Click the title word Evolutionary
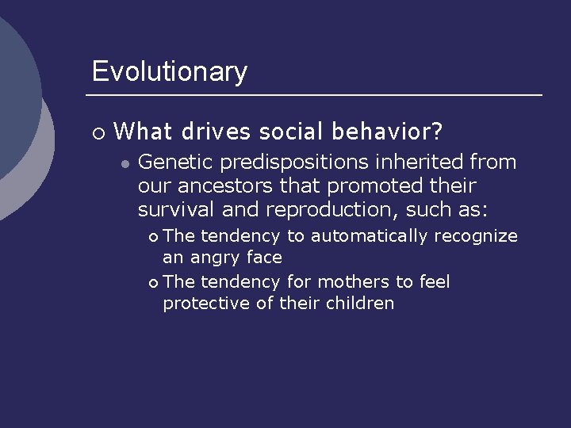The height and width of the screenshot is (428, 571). (x=169, y=72)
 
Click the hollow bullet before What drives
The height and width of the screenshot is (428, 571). (x=98, y=132)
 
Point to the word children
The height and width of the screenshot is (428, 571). (x=361, y=304)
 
